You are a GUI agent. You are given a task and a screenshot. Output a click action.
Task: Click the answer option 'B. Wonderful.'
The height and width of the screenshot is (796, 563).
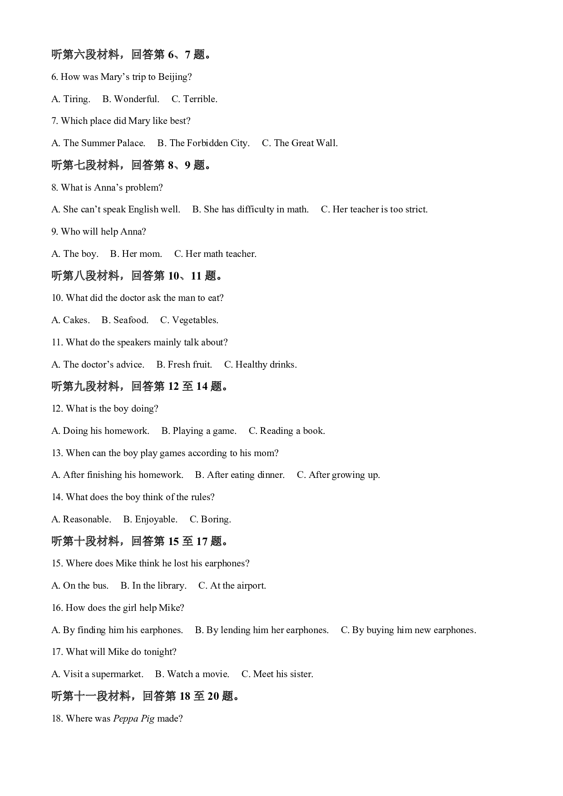[131, 99]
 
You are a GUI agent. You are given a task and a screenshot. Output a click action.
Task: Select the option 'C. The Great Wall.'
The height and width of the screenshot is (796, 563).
[300, 143]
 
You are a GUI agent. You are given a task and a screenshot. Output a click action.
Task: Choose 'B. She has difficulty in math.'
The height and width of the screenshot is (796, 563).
[250, 209]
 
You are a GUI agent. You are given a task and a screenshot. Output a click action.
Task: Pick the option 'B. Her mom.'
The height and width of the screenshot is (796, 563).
[136, 254]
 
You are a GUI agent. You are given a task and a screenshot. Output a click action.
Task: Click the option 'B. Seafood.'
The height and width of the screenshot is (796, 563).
[125, 320]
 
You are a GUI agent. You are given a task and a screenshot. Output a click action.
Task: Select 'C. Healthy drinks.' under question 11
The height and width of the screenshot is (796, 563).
[260, 364]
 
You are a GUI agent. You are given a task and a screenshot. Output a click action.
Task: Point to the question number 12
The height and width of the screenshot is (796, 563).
[57, 408]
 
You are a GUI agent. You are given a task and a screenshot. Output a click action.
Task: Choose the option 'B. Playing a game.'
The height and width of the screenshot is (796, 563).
[199, 431]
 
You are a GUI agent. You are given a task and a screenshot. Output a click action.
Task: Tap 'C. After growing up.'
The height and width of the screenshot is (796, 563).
[338, 475]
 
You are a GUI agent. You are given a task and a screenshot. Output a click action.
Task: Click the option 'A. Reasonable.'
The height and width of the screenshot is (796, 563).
[81, 519]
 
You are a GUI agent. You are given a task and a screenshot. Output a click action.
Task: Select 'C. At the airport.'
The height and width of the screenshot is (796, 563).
[232, 585]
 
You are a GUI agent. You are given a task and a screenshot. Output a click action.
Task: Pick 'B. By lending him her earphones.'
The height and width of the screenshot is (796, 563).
[262, 630]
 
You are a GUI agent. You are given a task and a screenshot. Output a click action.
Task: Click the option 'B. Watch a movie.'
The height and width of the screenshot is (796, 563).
[192, 674]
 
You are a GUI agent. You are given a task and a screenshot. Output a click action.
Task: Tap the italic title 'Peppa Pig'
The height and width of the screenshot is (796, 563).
[133, 718]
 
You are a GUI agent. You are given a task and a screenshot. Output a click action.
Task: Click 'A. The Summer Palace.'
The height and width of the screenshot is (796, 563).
[99, 143]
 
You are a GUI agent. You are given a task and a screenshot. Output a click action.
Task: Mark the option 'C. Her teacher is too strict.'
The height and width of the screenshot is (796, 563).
[374, 209]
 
